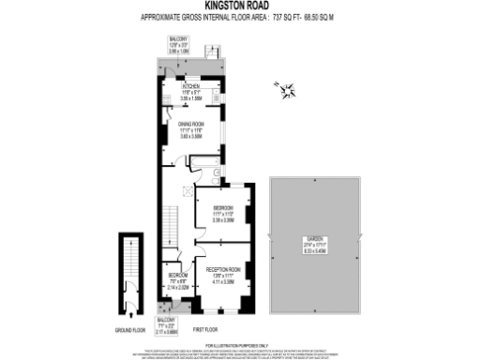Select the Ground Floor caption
[129, 331]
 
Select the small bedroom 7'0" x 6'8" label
[178, 279]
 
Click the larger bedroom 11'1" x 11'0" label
[222, 212]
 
